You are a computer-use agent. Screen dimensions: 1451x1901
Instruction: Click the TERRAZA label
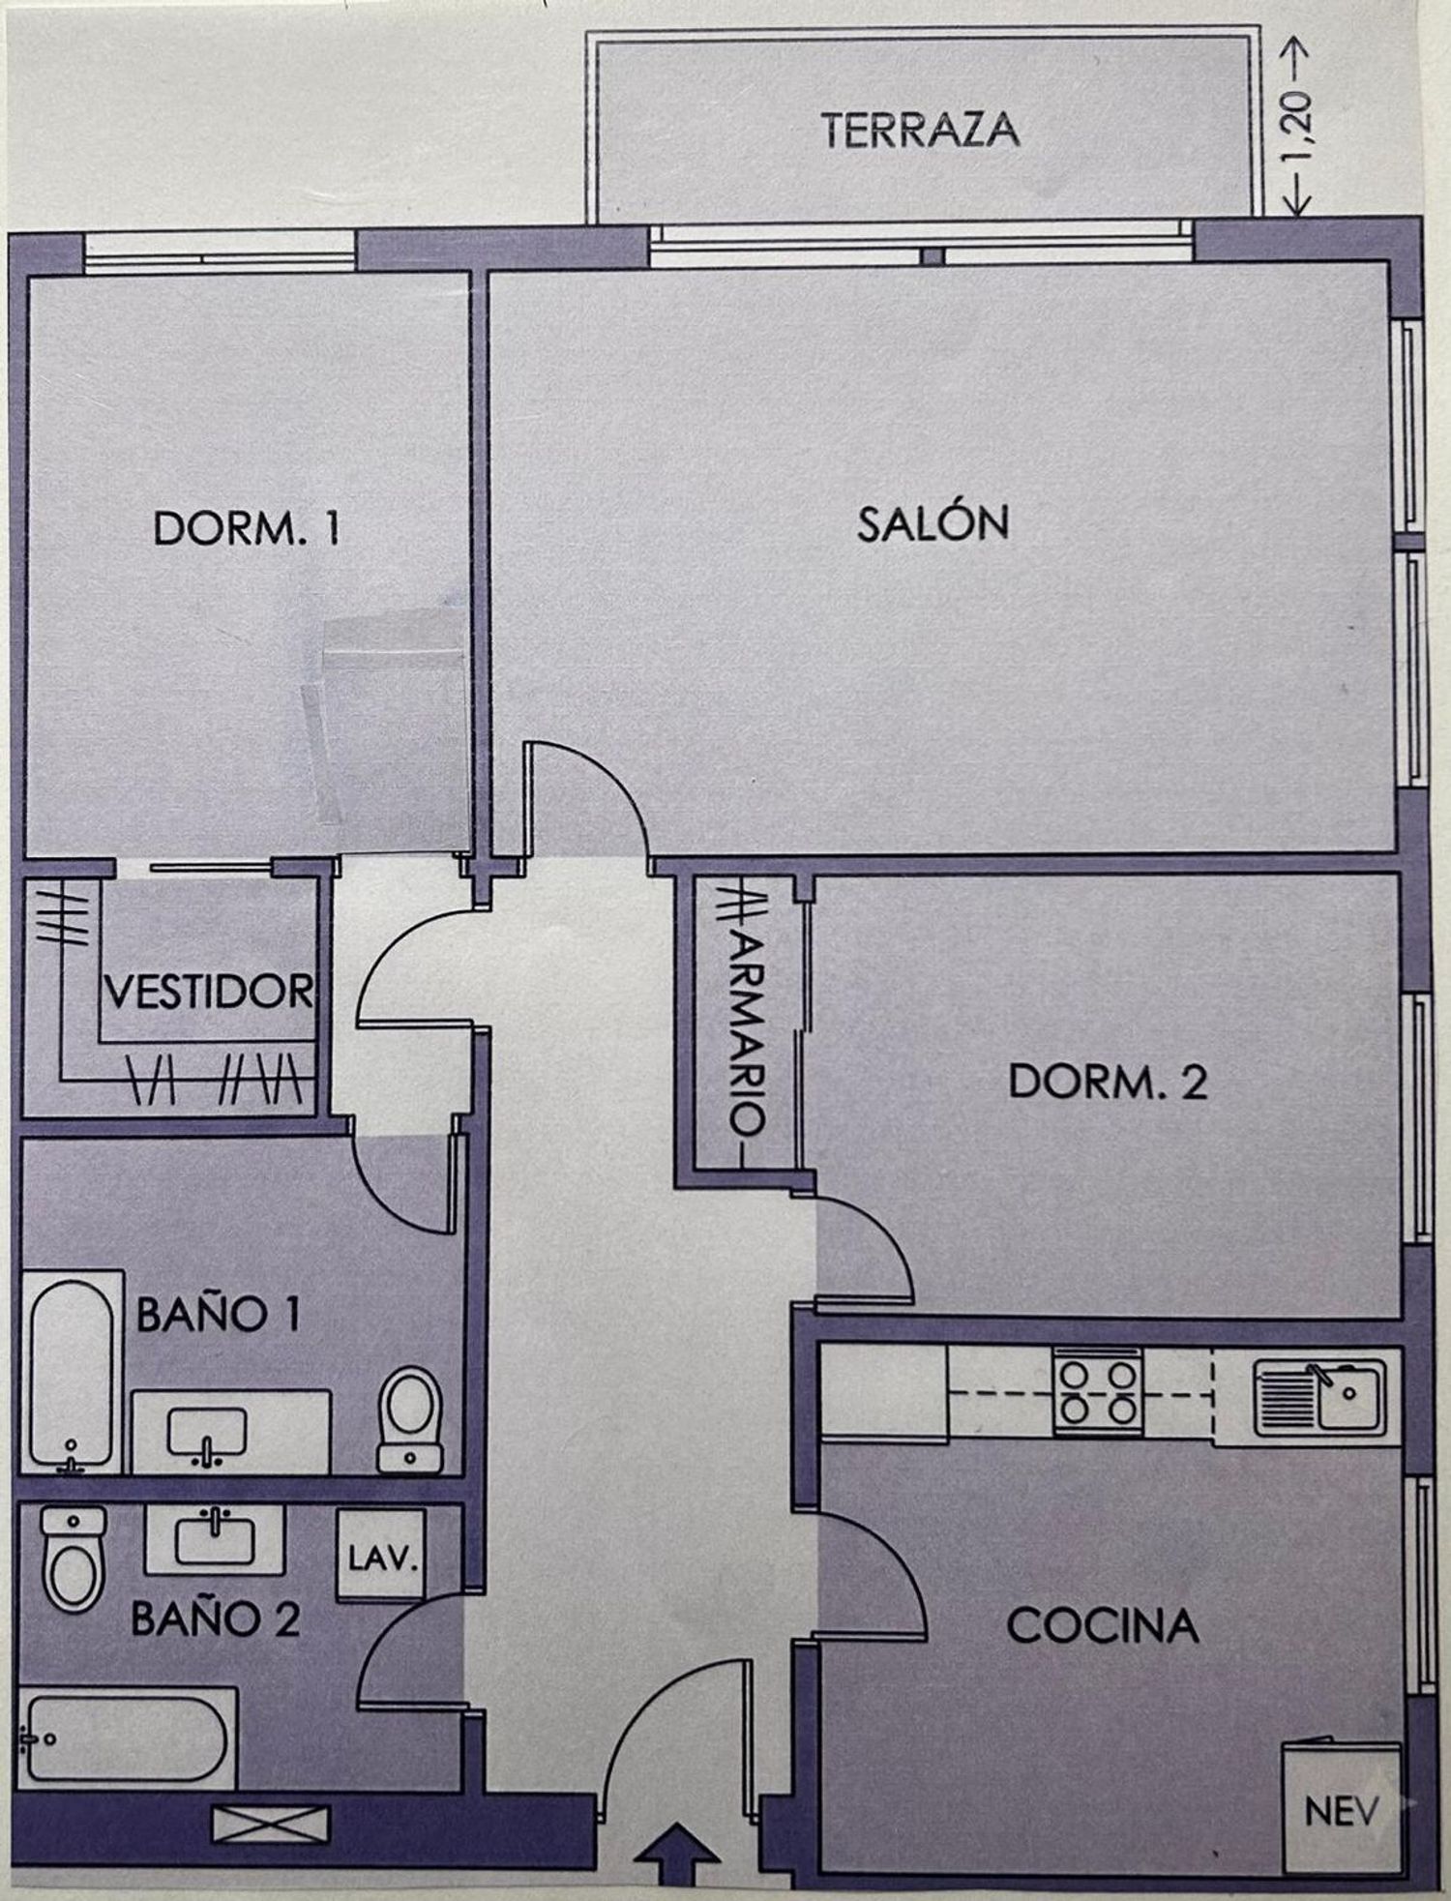[x=921, y=131]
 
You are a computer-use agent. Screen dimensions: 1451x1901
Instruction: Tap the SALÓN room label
[x=933, y=522]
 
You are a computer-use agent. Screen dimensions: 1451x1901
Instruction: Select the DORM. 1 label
[x=247, y=529]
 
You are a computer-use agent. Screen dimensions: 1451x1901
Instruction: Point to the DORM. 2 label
[x=1109, y=1082]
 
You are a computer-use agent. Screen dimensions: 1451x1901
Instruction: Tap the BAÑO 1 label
[x=218, y=1315]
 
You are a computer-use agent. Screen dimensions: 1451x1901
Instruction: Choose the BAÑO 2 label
[x=215, y=1619]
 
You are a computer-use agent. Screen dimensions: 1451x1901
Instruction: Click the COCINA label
[x=1103, y=1626]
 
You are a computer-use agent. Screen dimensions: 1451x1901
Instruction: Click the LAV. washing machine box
[x=380, y=1560]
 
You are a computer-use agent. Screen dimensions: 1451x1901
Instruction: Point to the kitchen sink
[x=1319, y=1395]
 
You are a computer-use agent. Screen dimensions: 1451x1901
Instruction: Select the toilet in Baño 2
[x=74, y=1559]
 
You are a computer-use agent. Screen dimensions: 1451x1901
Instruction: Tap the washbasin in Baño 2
[x=214, y=1539]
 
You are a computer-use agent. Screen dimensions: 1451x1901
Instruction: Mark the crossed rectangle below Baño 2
[x=271, y=1825]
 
